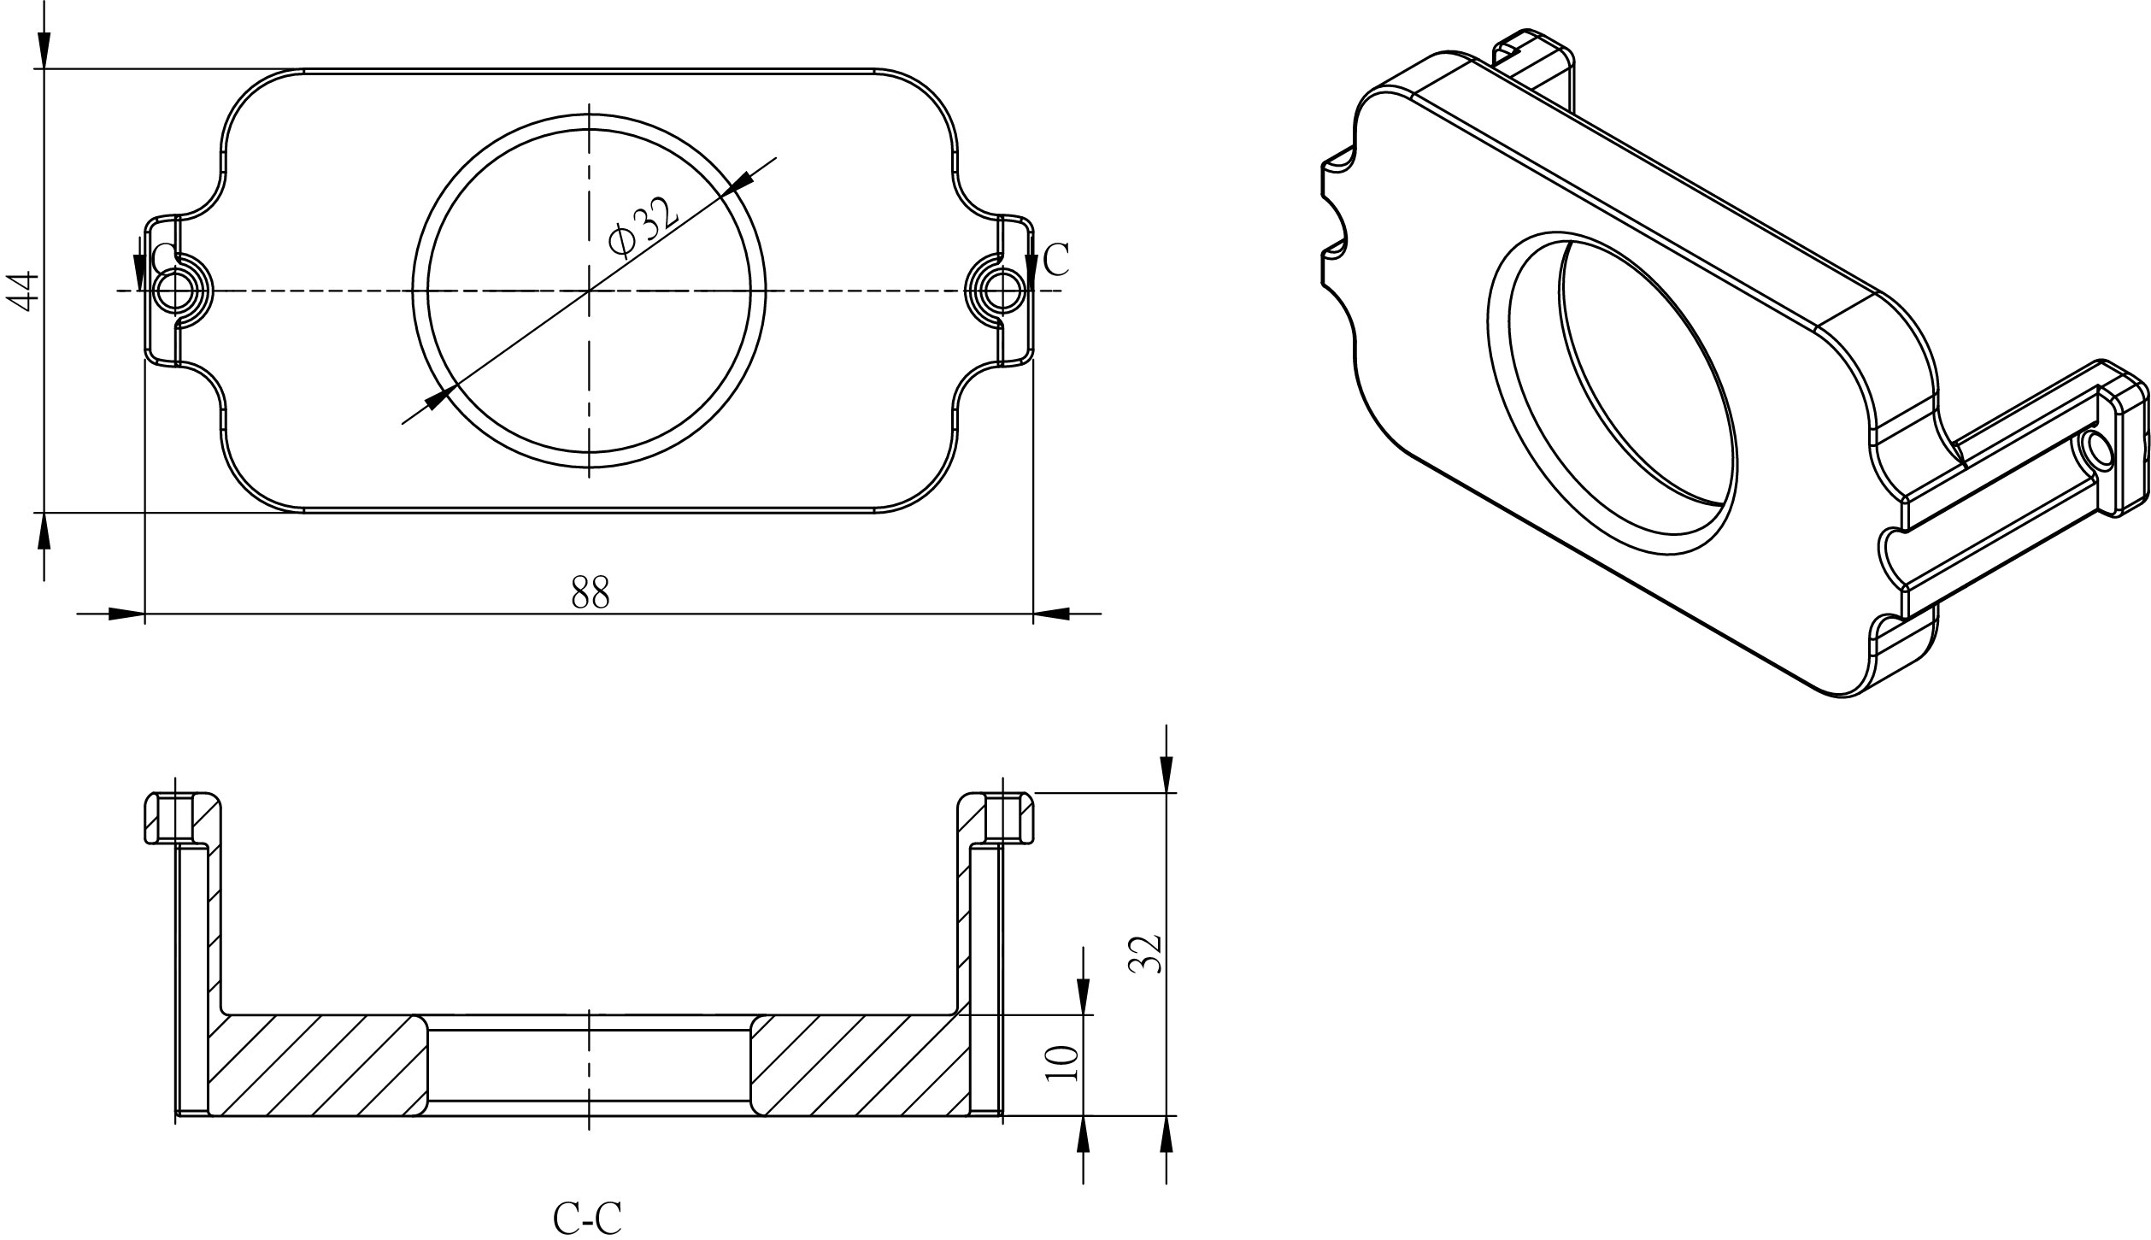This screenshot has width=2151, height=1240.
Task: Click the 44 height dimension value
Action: coord(22,291)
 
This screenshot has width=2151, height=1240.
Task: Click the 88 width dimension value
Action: coord(590,591)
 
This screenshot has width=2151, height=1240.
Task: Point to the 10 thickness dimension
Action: coord(1062,1064)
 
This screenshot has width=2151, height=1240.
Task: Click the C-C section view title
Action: coord(587,1218)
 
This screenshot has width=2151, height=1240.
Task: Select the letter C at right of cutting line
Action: coord(1057,260)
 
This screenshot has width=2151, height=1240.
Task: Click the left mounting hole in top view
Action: coord(174,291)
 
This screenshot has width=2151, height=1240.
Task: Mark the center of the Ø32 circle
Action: coord(589,291)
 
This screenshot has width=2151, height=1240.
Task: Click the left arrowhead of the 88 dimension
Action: coord(126,614)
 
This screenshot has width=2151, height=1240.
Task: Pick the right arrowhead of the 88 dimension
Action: coord(1051,614)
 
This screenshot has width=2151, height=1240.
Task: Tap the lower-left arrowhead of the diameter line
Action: coord(438,398)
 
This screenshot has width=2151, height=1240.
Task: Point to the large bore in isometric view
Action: coord(1615,393)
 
